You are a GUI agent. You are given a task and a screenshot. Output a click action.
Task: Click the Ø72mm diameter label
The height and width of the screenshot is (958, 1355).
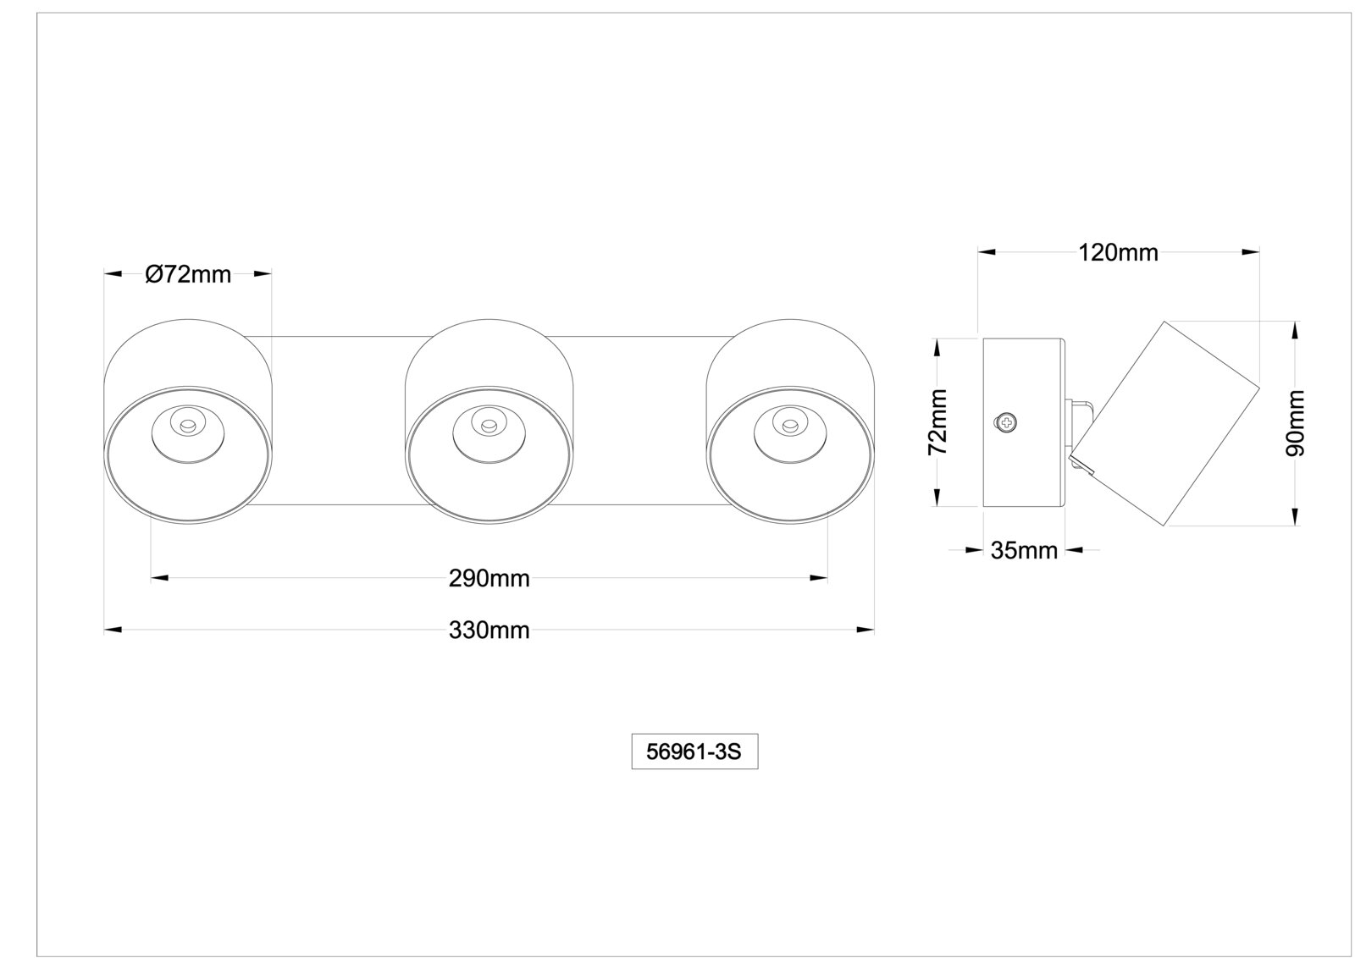188,274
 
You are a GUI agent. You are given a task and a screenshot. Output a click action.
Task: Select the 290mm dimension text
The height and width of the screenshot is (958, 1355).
489,579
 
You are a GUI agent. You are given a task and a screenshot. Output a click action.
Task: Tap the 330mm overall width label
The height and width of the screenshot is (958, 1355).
489,630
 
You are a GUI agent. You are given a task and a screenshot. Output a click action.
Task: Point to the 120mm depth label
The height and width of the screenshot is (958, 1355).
1118,253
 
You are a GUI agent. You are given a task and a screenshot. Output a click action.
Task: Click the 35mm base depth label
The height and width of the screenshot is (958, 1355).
1024,550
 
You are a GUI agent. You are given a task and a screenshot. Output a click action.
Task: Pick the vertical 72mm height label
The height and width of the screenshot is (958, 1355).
937,422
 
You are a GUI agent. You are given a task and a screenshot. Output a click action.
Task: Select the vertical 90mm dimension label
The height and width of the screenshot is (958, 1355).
1295,423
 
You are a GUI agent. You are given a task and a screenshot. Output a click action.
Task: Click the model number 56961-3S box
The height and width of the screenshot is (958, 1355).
694,752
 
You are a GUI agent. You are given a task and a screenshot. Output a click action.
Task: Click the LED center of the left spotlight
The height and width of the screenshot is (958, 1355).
187,427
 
